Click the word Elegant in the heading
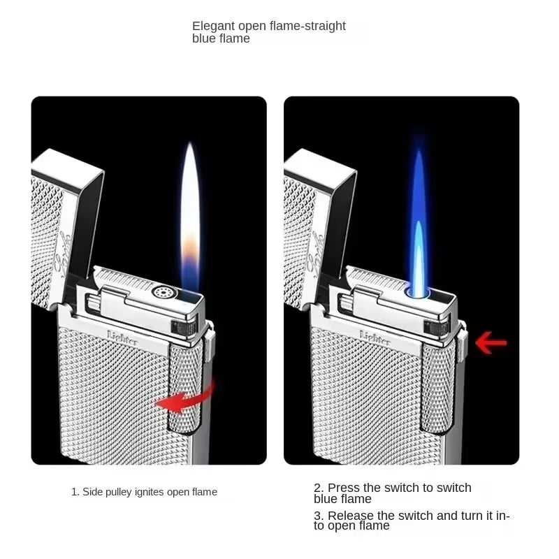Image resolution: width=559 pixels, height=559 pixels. [x=214, y=27]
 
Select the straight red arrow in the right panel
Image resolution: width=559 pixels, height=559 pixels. [x=491, y=342]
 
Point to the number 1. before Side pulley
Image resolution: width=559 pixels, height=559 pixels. [x=75, y=492]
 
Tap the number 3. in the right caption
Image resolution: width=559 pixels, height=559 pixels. [x=318, y=516]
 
